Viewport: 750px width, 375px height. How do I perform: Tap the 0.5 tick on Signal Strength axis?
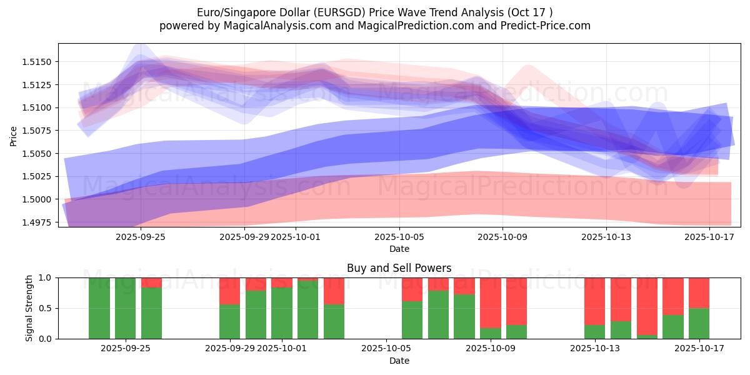pos(46,308)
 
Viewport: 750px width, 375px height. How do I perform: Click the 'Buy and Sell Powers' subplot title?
pos(399,268)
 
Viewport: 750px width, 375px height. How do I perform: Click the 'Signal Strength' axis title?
pos(30,308)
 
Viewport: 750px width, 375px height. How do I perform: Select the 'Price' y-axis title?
pos(14,136)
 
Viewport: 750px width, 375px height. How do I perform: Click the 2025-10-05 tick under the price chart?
pos(399,237)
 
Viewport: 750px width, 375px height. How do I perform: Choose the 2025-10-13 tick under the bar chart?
pos(594,349)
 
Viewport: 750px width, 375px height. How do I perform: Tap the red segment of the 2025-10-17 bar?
pos(699,292)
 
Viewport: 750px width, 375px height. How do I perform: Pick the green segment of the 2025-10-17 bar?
pos(699,323)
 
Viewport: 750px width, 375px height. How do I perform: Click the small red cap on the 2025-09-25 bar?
pos(151,282)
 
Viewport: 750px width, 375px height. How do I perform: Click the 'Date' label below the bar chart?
pos(399,361)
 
